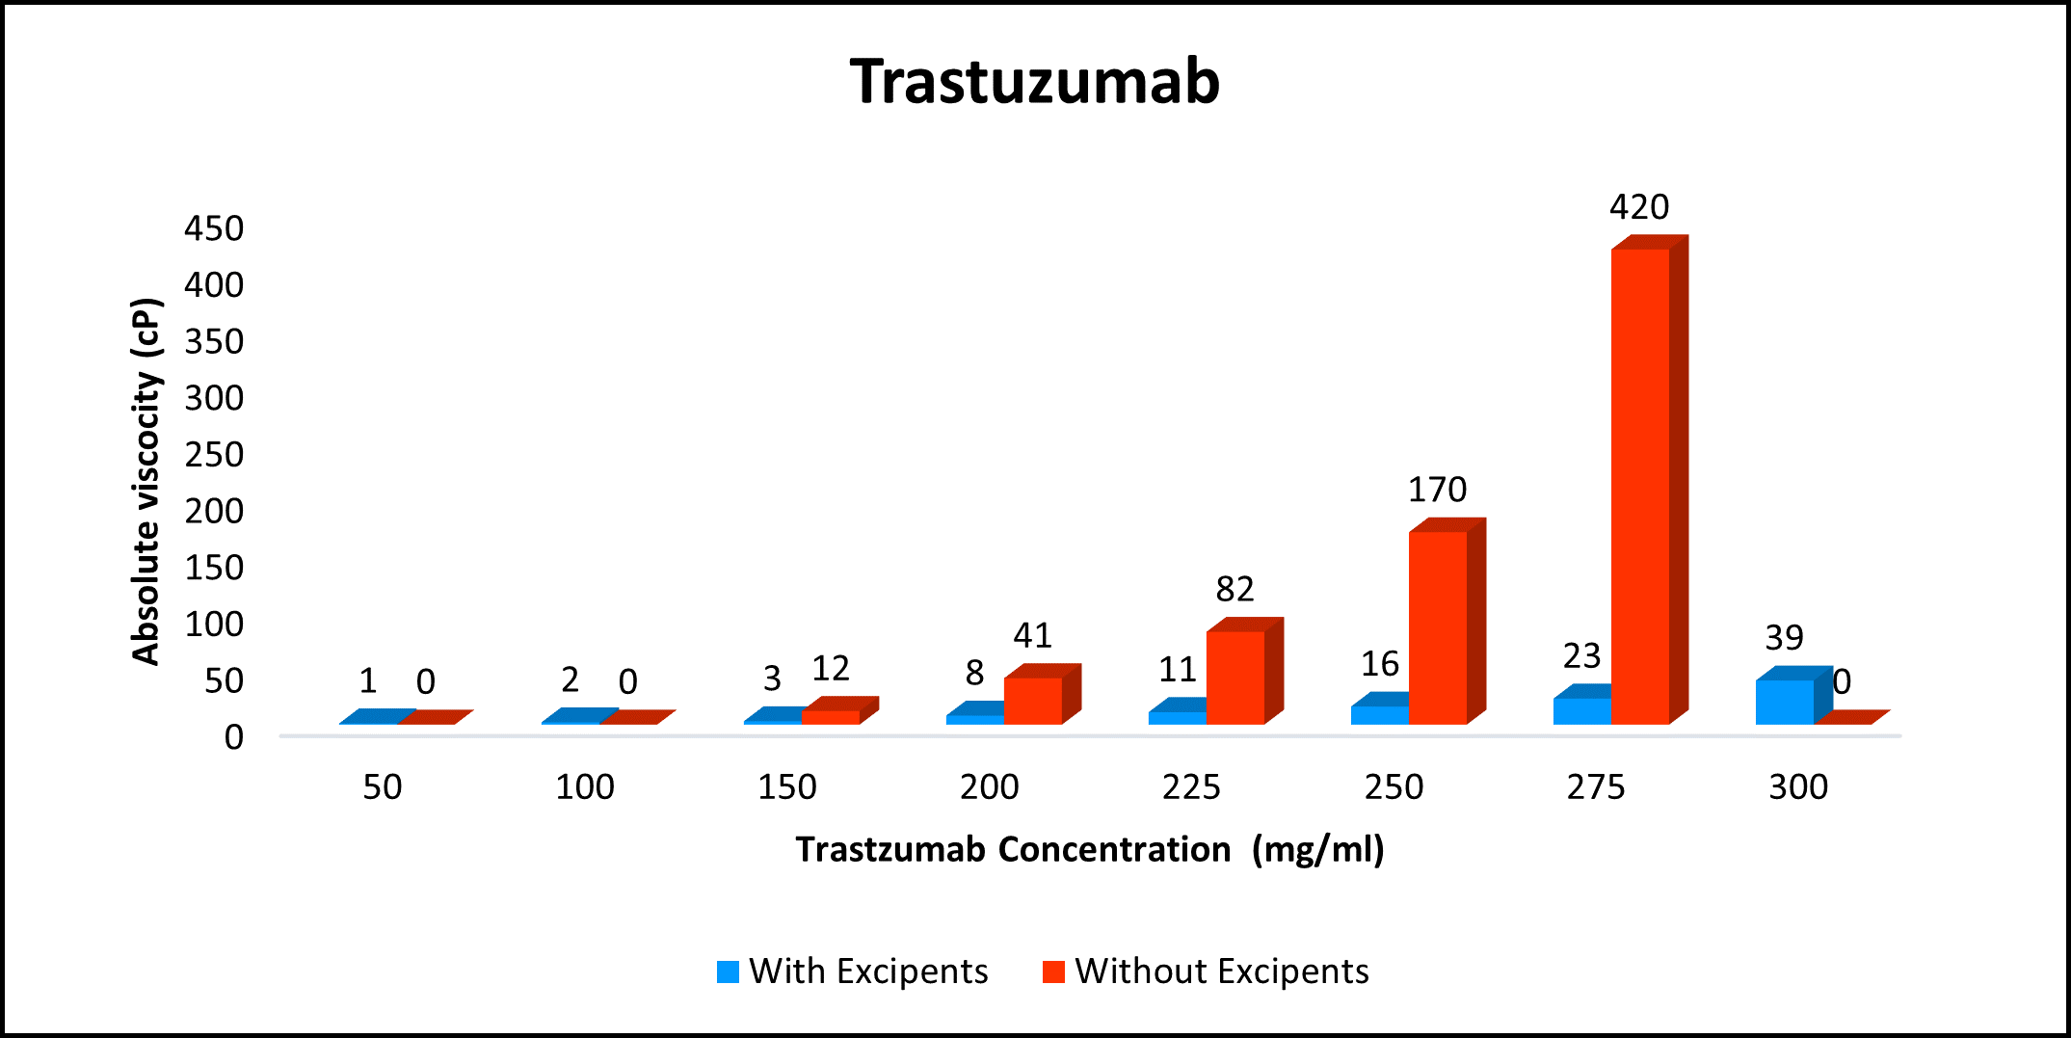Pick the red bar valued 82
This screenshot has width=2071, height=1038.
pyautogui.click(x=1235, y=677)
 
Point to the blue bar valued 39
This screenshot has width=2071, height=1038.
pyautogui.click(x=1785, y=701)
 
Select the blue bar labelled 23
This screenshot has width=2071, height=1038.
pyautogui.click(x=1582, y=710)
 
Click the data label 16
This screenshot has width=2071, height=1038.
pyautogui.click(x=1380, y=664)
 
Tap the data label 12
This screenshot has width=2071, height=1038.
pyautogui.click(x=831, y=669)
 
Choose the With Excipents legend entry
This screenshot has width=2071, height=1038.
pyautogui.click(x=853, y=971)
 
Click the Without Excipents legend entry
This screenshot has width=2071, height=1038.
pyautogui.click(x=1207, y=971)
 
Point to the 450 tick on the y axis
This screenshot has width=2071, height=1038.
pyautogui.click(x=214, y=229)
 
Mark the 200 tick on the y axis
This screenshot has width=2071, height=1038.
pyautogui.click(x=214, y=512)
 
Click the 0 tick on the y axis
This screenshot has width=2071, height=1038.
pyautogui.click(x=234, y=738)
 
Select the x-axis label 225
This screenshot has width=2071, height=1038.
pyautogui.click(x=1191, y=787)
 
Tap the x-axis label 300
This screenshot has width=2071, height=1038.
pyautogui.click(x=1798, y=787)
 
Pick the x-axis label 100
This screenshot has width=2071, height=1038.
pyautogui.click(x=585, y=787)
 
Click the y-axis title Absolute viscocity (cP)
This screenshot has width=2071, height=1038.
pyautogui.click(x=146, y=482)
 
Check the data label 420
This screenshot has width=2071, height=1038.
pyautogui.click(x=1639, y=207)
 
